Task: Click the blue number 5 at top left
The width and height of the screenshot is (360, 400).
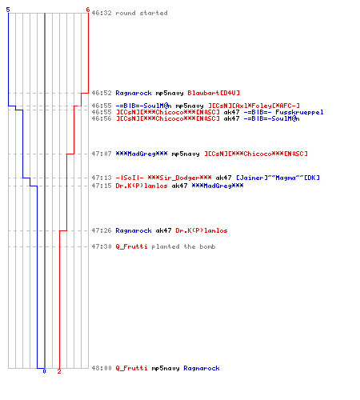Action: pyautogui.click(x=8, y=10)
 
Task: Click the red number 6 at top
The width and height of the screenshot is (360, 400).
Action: pyautogui.click(x=87, y=10)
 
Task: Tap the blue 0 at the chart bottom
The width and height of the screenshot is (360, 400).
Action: pyautogui.click(x=44, y=371)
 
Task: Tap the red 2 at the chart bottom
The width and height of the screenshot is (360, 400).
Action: pyautogui.click(x=59, y=371)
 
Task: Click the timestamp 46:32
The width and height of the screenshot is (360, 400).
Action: pyautogui.click(x=102, y=13)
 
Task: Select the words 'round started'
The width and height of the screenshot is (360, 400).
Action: pyautogui.click(x=142, y=13)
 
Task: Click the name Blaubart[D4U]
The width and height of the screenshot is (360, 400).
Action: pyautogui.click(x=214, y=93)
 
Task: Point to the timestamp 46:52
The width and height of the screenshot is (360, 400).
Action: pyautogui.click(x=102, y=93)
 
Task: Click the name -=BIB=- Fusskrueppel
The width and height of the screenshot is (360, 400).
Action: pyautogui.click(x=283, y=112)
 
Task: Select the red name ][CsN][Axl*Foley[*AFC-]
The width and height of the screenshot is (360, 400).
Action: pyautogui.click(x=254, y=106)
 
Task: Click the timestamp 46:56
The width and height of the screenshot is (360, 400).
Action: pyautogui.click(x=102, y=118)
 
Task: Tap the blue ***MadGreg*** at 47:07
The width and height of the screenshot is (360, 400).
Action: pyautogui.click(x=142, y=154)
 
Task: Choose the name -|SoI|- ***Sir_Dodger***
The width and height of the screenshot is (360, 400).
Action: pyautogui.click(x=163, y=178)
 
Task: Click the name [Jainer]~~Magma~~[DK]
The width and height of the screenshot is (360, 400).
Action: pyautogui.click(x=278, y=178)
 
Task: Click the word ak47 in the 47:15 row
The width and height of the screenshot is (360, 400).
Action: pyautogui.click(x=179, y=186)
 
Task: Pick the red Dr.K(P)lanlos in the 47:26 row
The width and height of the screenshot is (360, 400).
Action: pyautogui.click(x=202, y=230)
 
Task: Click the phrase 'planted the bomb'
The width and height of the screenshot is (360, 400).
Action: pyautogui.click(x=183, y=246)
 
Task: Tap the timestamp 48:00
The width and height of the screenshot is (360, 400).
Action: pyautogui.click(x=102, y=368)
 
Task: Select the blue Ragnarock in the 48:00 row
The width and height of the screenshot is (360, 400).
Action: pyautogui.click(x=202, y=368)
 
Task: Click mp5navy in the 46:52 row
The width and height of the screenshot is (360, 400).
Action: pyautogui.click(x=170, y=93)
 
